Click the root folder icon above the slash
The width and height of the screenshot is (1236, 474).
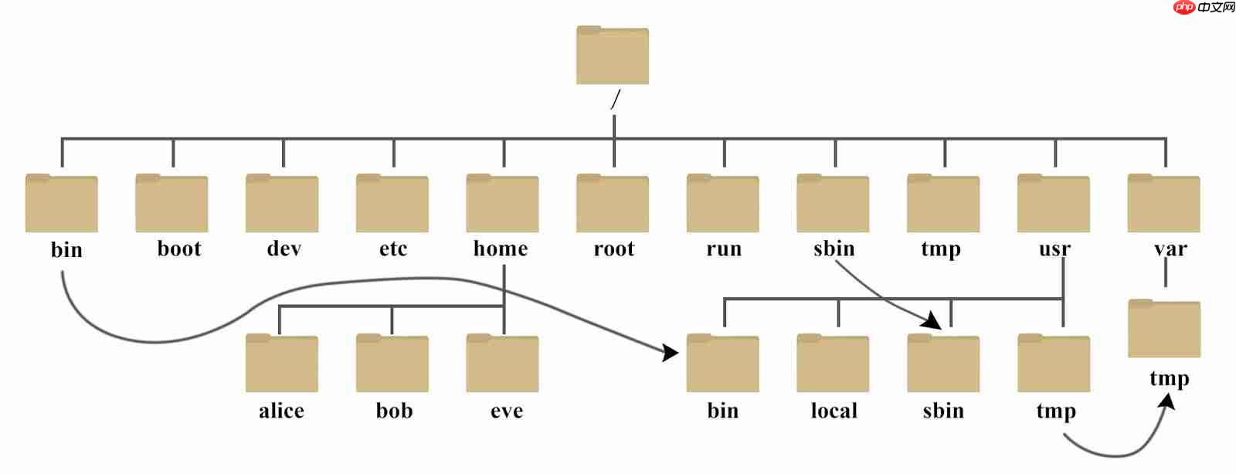pos(612,56)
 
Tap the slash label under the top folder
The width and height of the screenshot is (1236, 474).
pos(615,100)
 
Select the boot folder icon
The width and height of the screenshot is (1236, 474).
pos(171,204)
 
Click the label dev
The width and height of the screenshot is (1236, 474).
pos(284,249)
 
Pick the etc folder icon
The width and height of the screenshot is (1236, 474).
pos(392,204)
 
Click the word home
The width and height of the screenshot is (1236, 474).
pos(501,249)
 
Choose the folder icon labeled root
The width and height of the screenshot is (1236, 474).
pos(612,204)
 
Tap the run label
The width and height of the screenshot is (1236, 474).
pos(724,249)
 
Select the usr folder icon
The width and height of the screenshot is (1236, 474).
pos(1053,204)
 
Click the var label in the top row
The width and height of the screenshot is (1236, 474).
pos(1170,249)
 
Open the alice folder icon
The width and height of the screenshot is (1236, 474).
pos(281,364)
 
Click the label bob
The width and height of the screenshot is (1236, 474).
pos(394,411)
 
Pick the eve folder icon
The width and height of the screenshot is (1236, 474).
pos(502,364)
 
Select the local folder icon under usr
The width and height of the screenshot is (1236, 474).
pos(833,364)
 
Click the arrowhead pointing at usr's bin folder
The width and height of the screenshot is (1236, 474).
pos(670,353)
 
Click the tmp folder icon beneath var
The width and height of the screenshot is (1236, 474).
pos(1163,329)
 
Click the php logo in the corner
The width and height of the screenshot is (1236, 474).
pos(1183,8)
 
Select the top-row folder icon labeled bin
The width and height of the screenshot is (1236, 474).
pos(61,204)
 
